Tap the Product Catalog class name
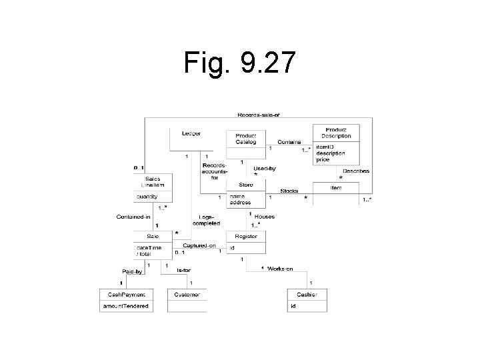click(246, 138)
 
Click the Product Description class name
click(337, 132)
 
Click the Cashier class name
click(307, 294)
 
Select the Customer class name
click(187, 294)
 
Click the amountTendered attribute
click(125, 306)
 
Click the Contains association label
click(289, 142)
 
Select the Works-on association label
click(279, 269)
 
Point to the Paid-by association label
click(133, 271)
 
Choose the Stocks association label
click(289, 191)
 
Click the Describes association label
click(355, 171)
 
